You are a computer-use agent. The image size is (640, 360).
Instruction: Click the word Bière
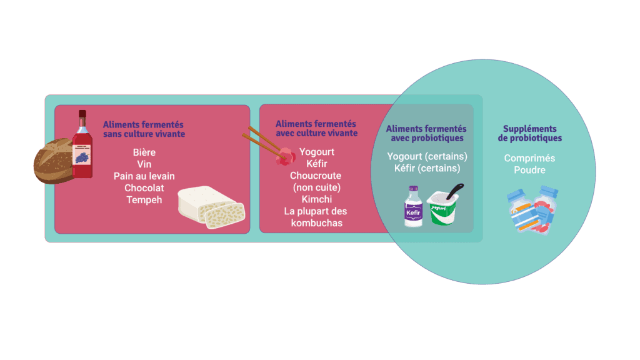[144, 152]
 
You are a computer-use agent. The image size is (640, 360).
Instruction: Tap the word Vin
[144, 164]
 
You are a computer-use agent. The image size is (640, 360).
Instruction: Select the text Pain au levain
[144, 176]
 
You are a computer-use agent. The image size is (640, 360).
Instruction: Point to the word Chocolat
[144, 187]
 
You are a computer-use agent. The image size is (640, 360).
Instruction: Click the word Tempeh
[144, 200]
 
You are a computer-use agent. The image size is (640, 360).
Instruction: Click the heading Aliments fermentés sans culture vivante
[144, 129]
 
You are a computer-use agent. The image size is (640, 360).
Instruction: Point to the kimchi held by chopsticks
[285, 157]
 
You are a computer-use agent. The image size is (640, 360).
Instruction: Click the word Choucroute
[316, 176]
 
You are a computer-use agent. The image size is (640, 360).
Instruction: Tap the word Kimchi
[317, 199]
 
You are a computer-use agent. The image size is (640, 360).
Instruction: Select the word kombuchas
[317, 223]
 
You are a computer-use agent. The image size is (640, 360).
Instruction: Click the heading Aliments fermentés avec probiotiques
[426, 133]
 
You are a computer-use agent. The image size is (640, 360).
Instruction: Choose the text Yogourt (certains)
[427, 156]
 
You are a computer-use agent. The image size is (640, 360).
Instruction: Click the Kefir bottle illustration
[414, 206]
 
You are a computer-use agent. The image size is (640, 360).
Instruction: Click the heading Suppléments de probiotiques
[530, 133]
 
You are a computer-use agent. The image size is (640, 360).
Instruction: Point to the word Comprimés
[529, 158]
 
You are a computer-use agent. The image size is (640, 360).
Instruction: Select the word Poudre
[529, 170]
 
